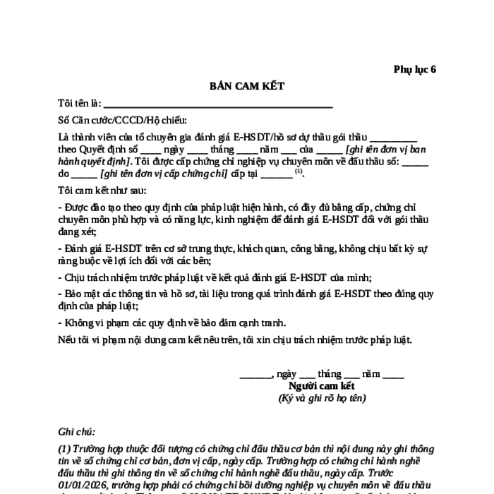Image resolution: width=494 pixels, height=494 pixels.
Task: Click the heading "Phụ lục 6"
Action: pyautogui.click(x=415, y=69)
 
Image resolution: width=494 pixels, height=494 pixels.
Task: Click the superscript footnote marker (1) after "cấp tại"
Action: pyautogui.click(x=299, y=171)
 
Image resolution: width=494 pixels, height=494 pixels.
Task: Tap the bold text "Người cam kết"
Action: pyautogui.click(x=322, y=385)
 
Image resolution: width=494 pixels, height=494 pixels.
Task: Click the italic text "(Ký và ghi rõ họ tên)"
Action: pyautogui.click(x=322, y=398)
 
